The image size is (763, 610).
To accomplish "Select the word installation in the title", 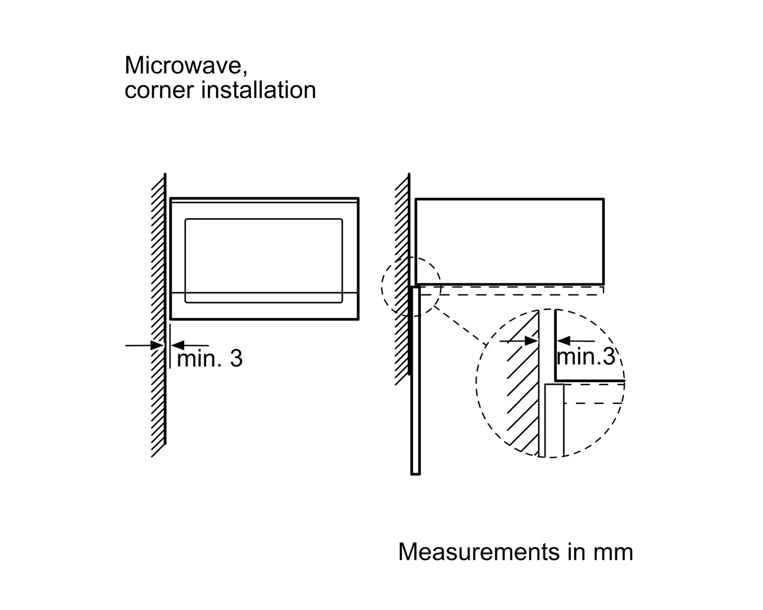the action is tap(258, 90).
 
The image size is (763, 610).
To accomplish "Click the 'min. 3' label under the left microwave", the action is tap(209, 358).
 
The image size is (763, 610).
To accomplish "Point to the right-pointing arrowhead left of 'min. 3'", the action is tap(157, 345).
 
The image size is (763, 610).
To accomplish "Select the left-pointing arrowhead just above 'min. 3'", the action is tap(177, 345).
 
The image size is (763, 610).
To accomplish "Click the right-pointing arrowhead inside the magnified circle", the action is tap(531, 341).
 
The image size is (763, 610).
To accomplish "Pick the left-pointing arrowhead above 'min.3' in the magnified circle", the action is tap(564, 341).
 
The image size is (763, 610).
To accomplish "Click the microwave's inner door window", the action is tap(263, 261).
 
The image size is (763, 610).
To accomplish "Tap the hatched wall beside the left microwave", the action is tap(158, 315).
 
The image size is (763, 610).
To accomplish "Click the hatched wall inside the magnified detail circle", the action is tap(523, 383).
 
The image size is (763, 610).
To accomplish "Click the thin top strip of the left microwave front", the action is tap(264, 201).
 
